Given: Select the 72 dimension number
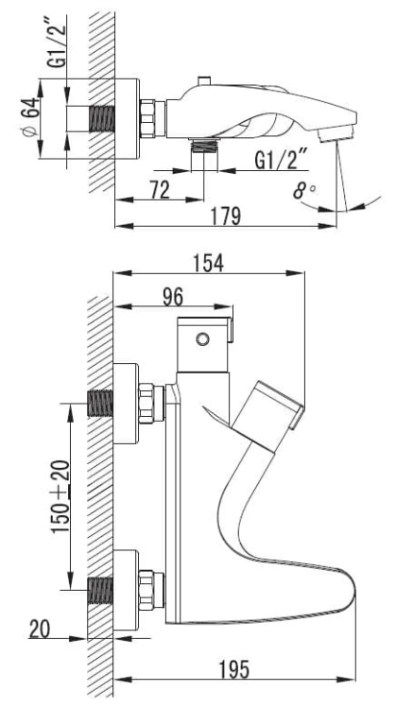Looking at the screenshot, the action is tap(160, 189).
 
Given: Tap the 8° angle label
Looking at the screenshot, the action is tap(304, 191).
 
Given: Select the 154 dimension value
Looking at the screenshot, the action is tap(209, 264).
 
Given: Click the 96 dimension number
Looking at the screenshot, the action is tap(173, 298).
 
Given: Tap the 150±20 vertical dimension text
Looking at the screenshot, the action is tap(61, 496).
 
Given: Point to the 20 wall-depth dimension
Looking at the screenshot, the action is tap(40, 629).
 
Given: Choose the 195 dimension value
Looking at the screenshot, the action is tap(234, 669).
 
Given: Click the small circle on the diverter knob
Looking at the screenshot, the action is tap(202, 338).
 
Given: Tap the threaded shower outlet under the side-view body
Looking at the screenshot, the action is tap(204, 146).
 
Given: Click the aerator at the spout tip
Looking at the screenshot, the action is tap(335, 134).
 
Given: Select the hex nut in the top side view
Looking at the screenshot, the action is tap(148, 118).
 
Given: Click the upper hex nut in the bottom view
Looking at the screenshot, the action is tap(146, 404).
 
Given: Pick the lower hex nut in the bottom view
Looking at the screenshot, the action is tap(146, 590).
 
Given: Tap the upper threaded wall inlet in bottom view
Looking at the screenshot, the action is tap(100, 403).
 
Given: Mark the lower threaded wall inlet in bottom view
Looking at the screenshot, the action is tap(100, 590).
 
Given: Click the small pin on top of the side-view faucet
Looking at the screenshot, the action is tap(205, 81).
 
